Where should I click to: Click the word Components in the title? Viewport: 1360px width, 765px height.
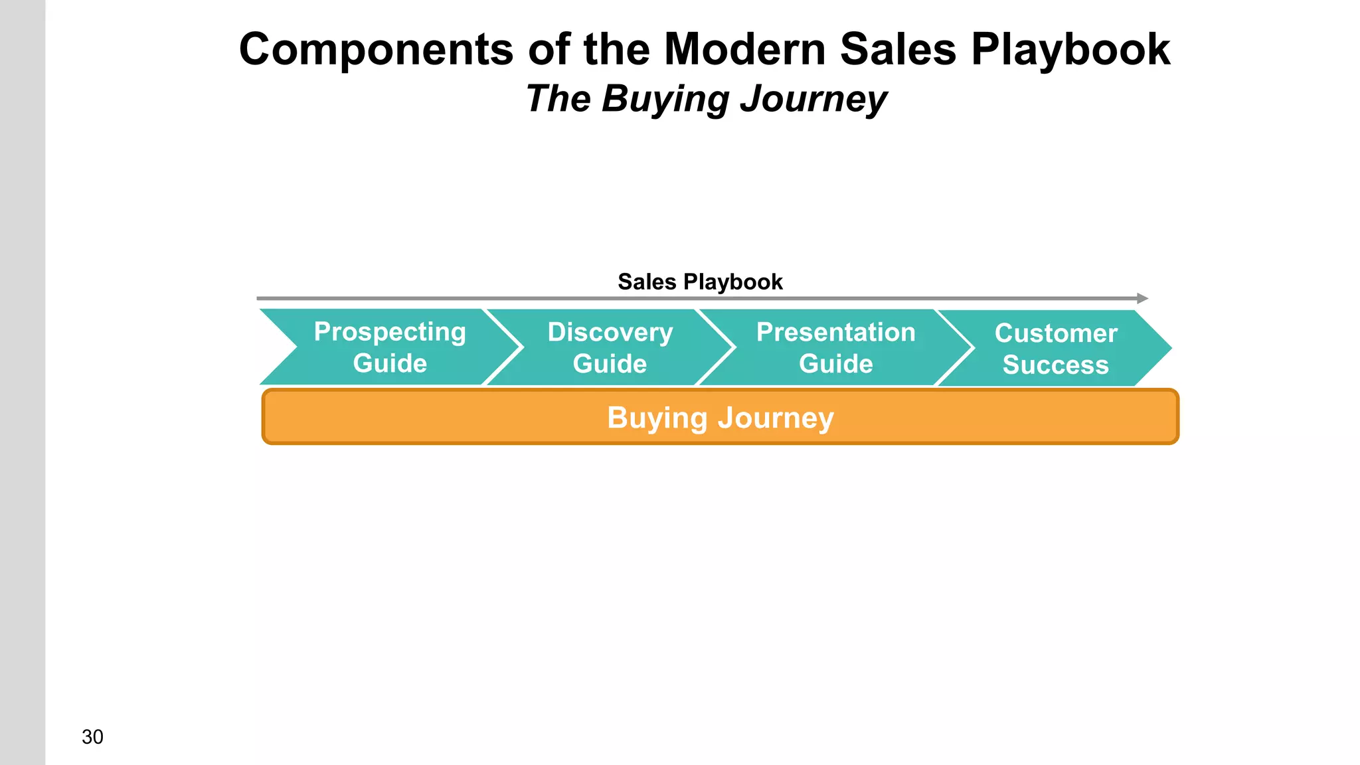[x=376, y=50]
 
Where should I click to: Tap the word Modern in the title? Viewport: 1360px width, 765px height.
[x=744, y=50]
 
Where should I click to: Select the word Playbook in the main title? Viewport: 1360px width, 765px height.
[x=1070, y=50]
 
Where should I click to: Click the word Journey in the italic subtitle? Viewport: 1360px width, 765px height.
[x=813, y=100]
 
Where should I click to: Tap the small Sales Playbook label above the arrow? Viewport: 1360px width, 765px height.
[x=700, y=282]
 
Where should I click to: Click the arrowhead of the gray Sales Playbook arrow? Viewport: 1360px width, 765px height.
[x=1142, y=299]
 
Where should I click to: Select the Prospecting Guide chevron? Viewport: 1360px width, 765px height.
[x=390, y=347]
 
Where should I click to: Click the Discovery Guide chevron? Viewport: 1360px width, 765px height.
[x=610, y=347]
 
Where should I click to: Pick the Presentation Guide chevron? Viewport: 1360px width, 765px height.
[x=835, y=347]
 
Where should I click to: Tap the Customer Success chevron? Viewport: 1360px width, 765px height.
[x=1056, y=349]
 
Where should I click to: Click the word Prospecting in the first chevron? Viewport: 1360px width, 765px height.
[x=390, y=332]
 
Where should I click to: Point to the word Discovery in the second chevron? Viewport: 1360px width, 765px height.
[x=610, y=332]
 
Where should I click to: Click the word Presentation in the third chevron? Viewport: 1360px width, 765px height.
[x=835, y=332]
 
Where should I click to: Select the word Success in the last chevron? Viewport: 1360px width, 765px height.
[x=1055, y=365]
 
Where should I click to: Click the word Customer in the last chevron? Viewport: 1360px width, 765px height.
[x=1056, y=333]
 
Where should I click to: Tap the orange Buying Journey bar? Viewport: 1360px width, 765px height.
[x=721, y=417]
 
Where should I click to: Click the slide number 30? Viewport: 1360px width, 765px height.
[x=92, y=737]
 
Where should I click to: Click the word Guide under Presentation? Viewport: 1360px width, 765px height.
[x=835, y=364]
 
